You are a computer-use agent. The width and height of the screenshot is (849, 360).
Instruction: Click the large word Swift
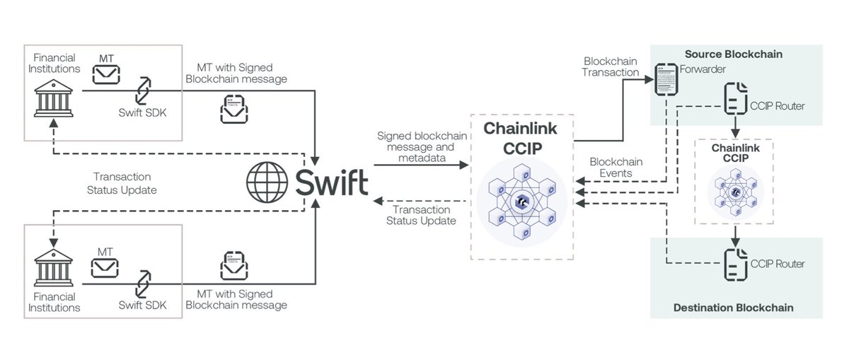coord(332,182)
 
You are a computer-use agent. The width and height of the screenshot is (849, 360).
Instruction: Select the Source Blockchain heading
coord(733,54)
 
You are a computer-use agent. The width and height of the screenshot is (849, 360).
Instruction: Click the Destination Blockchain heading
coord(733,308)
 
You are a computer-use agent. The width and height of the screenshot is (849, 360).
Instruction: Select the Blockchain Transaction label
coord(611,66)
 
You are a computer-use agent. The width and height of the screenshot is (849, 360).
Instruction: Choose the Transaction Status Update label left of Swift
coord(122,182)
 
